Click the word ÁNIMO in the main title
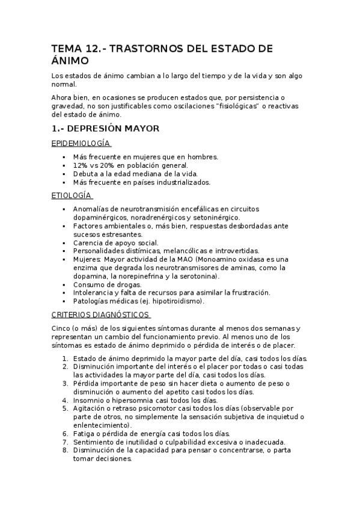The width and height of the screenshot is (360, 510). tap(70, 61)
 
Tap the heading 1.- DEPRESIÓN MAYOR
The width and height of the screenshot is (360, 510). tap(105, 128)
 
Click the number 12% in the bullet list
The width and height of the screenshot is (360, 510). tap(81, 165)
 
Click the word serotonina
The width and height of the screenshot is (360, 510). tap(199, 275)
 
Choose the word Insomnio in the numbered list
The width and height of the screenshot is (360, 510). tap(89, 400)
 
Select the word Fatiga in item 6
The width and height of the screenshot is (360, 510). tap(85, 433)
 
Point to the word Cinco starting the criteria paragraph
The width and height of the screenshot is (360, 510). tap(61, 328)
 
